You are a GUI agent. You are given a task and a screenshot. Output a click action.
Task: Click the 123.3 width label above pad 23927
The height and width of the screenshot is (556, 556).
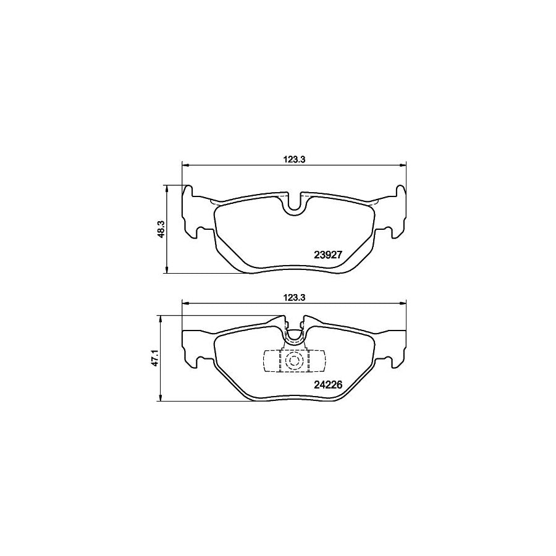(294, 158)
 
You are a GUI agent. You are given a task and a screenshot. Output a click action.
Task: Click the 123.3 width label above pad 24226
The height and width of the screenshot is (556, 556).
(294, 297)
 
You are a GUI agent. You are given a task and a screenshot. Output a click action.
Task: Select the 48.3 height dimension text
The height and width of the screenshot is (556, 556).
(160, 229)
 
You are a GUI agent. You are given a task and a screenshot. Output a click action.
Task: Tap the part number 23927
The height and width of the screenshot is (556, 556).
(329, 253)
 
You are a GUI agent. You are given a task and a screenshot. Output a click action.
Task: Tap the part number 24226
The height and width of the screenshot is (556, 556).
(329, 383)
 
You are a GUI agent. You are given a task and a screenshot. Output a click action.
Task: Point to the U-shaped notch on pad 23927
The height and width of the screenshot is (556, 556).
(294, 204)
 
